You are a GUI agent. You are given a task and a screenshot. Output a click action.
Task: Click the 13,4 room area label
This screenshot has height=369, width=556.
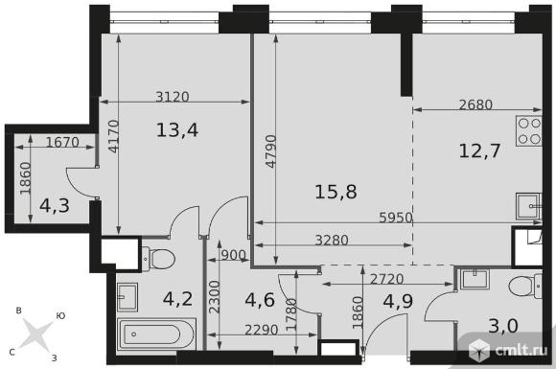177,129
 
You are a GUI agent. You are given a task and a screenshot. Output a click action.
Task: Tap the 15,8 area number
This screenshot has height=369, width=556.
336,192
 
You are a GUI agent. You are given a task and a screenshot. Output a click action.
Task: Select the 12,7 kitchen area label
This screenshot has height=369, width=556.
479,150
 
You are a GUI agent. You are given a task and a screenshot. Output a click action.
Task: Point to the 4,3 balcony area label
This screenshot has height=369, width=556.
55,206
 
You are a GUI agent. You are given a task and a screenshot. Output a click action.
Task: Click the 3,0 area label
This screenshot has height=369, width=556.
503,326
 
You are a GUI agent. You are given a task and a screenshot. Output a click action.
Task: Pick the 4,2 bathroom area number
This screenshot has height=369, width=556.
178,299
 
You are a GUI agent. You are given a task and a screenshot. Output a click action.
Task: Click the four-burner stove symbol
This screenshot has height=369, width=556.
529,130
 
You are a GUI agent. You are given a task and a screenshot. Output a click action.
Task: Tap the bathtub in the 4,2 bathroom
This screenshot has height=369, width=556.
156,334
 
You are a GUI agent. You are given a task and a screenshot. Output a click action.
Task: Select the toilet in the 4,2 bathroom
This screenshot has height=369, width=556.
158,259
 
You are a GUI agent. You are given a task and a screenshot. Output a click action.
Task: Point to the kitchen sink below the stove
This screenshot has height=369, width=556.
528,206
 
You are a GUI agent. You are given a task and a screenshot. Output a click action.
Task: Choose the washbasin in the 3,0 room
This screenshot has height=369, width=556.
475,279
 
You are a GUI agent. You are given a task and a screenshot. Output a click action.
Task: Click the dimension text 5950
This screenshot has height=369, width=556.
396,218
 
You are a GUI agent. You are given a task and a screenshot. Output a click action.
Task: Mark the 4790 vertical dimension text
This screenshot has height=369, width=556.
271,151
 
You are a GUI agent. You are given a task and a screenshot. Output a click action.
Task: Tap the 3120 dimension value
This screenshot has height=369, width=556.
173,97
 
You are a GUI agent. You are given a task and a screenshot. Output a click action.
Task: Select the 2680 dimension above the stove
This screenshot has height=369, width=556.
475,104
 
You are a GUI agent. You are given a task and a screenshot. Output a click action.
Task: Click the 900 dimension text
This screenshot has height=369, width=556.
233,255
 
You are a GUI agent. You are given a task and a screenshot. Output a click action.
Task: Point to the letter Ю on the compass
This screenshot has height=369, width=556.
61,316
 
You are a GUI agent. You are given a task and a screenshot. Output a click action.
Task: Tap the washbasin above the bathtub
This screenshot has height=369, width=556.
127,297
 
